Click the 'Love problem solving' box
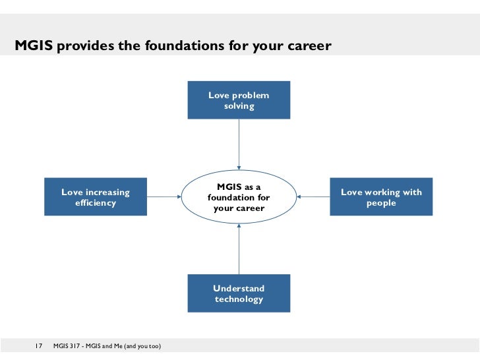tap(239, 100)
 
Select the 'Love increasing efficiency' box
tap(96, 197)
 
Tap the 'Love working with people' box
tap(381, 197)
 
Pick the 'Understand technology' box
tap(239, 293)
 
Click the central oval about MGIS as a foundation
tap(239, 197)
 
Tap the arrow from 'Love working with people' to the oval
tap(313, 196)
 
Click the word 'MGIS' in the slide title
tap(34, 46)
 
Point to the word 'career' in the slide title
tap(309, 46)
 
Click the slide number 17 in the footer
tap(38, 346)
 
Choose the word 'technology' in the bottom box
tap(239, 299)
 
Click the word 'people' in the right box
tap(381, 203)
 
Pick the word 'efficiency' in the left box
tap(96, 203)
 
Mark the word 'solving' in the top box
tap(239, 106)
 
